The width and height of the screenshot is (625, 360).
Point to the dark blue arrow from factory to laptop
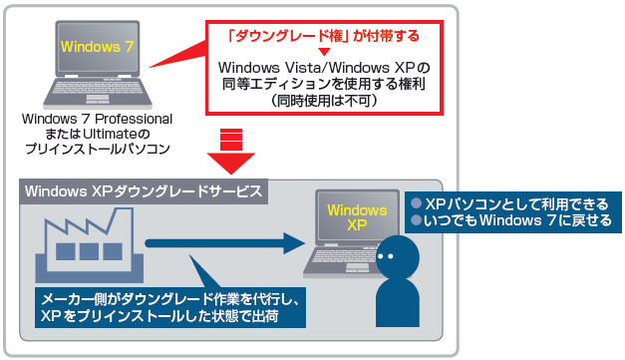tap(219, 242)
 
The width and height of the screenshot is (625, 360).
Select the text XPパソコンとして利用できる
tap(517, 202)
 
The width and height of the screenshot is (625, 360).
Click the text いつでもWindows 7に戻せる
tap(517, 220)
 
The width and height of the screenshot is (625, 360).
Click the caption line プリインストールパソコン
tap(98, 147)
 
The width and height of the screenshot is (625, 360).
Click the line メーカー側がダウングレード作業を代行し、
tap(167, 298)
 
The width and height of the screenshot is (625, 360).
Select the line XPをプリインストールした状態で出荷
tap(158, 315)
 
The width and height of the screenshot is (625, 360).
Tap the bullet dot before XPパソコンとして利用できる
tap(417, 202)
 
